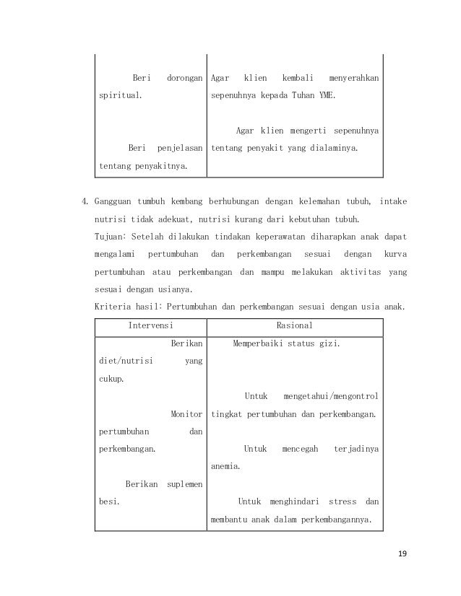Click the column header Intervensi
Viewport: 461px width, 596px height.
tap(150, 325)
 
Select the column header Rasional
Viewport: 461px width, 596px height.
tap(294, 325)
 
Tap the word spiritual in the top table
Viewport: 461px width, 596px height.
tap(120, 95)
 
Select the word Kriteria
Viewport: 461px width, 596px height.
tap(115, 307)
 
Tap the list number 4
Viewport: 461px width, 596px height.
tap(83, 200)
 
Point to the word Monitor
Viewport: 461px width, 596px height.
tap(186, 414)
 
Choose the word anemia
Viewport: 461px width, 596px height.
tap(225, 466)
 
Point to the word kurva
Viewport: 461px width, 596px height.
tap(394, 254)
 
